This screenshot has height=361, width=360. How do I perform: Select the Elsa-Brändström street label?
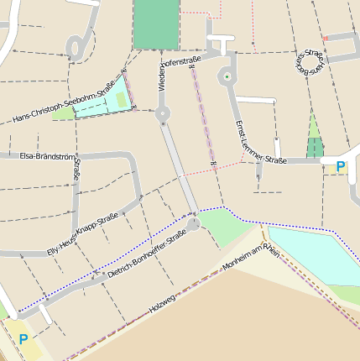coord(40,156)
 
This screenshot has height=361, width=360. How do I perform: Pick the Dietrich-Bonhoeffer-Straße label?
coord(146,259)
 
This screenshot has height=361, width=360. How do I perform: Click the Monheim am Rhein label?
coord(248,259)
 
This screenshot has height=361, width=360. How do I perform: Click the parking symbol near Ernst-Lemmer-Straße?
coord(340,167)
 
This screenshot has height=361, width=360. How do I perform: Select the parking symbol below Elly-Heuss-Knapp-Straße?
coord(23,340)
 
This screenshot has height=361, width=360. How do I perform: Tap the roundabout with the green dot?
coord(227,77)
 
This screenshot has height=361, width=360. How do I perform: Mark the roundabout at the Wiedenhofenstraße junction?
coord(163,113)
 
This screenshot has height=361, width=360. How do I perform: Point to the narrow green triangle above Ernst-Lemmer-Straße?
coord(315,139)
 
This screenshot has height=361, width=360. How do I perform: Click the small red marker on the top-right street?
coord(325,38)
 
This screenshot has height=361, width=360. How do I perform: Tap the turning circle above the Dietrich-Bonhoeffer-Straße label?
coord(193,223)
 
